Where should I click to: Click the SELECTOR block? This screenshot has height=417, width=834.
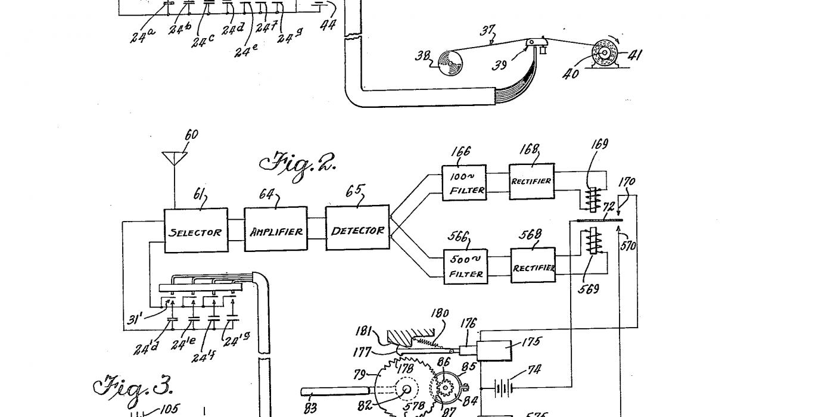[195, 231]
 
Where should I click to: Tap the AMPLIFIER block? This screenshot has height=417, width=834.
[276, 231]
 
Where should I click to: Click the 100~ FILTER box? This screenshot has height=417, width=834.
[463, 183]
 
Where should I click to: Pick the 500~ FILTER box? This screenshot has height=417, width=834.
[466, 266]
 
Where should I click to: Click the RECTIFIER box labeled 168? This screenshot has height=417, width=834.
[531, 181]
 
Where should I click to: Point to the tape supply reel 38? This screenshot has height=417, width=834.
[450, 62]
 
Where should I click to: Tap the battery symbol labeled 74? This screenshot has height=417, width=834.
[505, 388]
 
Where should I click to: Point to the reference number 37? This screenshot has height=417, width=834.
[488, 31]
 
